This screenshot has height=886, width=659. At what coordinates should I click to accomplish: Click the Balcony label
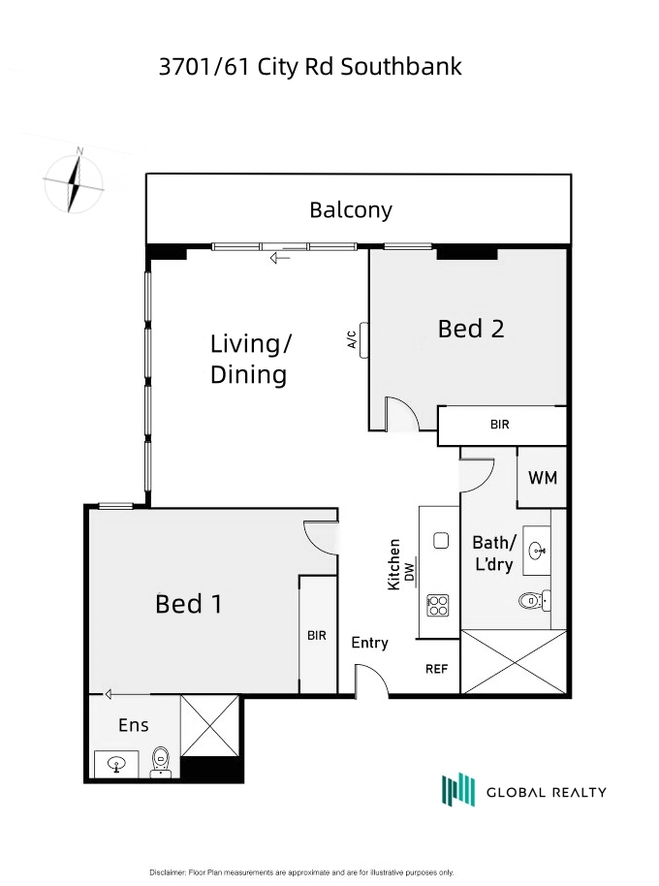(x=351, y=210)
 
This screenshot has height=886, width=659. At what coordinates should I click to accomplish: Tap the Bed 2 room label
(x=471, y=329)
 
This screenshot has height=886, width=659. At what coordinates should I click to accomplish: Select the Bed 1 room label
(x=189, y=604)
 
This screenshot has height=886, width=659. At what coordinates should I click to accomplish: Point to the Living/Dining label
(x=251, y=360)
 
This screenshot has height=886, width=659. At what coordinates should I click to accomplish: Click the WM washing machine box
(x=542, y=478)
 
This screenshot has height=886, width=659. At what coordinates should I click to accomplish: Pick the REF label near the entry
(x=436, y=669)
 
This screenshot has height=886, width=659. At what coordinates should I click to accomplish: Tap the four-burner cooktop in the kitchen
(x=438, y=605)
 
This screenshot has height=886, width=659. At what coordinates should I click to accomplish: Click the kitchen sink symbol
(x=441, y=541)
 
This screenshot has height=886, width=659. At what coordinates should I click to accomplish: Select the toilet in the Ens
(x=161, y=762)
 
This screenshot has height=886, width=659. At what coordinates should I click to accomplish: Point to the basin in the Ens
(x=116, y=764)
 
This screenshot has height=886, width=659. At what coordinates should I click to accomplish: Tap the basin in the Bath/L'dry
(x=537, y=551)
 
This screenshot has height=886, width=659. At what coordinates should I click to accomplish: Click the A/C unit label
(x=352, y=339)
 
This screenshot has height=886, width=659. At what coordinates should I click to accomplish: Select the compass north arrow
(x=74, y=181)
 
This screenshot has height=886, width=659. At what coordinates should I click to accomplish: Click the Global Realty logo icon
(x=458, y=789)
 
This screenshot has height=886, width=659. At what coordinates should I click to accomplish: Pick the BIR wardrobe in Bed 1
(x=318, y=634)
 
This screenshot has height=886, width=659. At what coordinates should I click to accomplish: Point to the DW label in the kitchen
(x=410, y=572)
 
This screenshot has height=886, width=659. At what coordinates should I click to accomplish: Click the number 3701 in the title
(x=185, y=67)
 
